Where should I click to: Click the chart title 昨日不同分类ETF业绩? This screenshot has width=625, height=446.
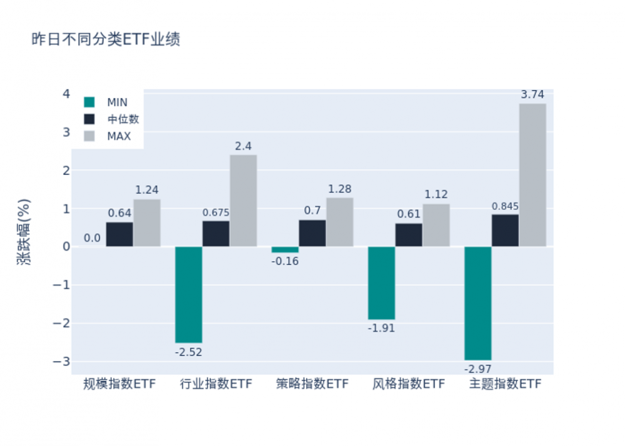point(106,40)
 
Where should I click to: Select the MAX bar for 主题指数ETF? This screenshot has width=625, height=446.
point(532,175)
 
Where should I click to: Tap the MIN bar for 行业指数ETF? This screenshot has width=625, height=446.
point(188,294)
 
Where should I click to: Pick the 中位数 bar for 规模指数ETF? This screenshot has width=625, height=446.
point(119,234)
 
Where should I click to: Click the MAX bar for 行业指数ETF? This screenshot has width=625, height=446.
point(243,201)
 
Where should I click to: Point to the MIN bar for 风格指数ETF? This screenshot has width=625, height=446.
point(381,283)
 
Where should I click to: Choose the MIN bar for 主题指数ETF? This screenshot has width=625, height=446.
point(477,303)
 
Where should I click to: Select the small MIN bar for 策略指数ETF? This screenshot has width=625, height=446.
point(285,249)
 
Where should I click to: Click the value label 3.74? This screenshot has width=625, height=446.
point(532,95)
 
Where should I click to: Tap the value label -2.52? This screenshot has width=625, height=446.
point(188,352)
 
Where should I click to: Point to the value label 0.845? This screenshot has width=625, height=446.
point(505,206)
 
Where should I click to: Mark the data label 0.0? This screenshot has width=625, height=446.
point(92,238)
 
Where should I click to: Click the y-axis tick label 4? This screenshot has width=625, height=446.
point(65,94)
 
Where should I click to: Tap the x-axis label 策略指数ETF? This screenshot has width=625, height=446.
point(312,384)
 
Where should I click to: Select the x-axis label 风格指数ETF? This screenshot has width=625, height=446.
point(409,384)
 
